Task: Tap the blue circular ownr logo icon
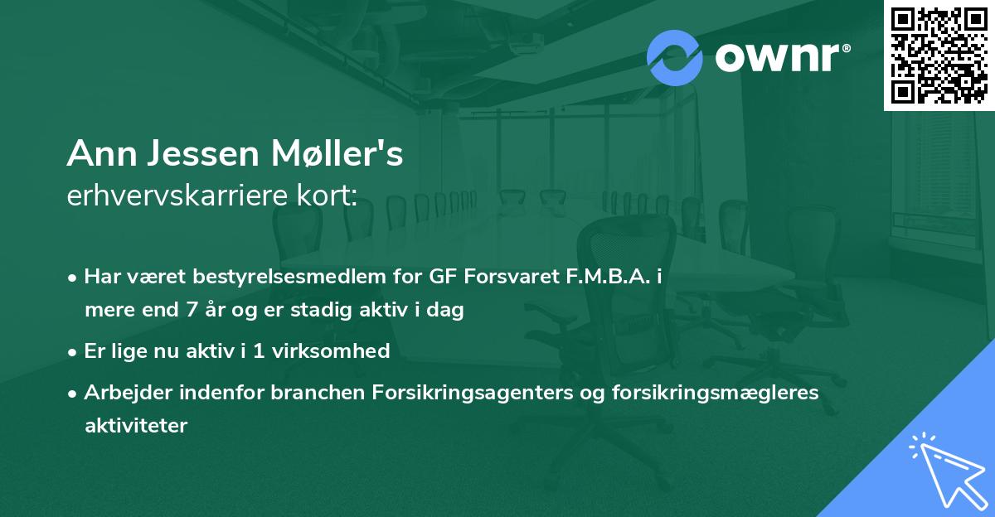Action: pyautogui.click(x=675, y=57)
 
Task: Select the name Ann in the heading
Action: pyautogui.click(x=99, y=154)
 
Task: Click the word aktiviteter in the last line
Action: pyautogui.click(x=136, y=426)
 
